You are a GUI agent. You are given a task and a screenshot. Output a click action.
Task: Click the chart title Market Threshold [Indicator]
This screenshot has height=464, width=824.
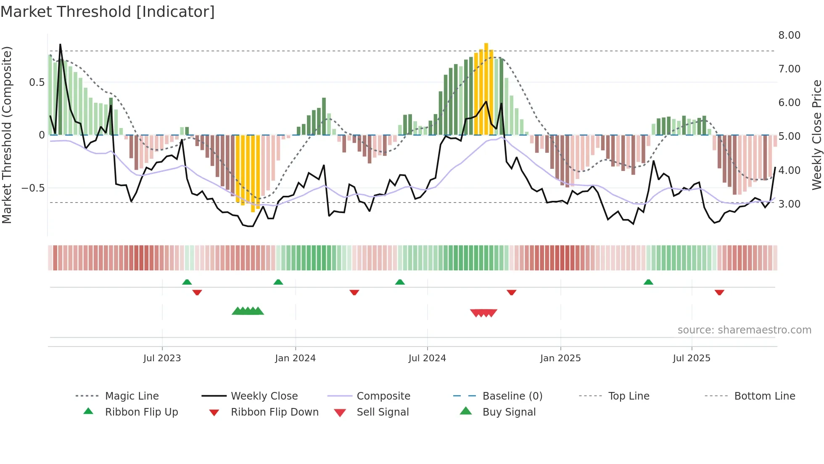click(x=108, y=12)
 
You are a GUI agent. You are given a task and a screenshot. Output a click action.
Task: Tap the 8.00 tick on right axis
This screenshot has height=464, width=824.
click(x=789, y=35)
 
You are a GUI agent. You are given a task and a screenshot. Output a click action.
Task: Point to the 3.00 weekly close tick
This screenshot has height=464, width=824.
click(x=789, y=204)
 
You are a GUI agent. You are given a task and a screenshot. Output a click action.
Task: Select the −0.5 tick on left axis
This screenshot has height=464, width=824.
click(x=33, y=188)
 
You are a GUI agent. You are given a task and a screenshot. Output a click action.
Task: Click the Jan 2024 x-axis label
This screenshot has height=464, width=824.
click(x=295, y=358)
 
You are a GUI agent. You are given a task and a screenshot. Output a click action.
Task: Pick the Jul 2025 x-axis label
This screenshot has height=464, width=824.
click(x=692, y=358)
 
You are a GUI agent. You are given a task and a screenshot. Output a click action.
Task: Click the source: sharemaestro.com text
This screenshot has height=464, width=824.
click(x=744, y=330)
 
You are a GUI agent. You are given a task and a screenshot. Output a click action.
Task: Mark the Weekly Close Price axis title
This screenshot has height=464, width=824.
click(x=816, y=135)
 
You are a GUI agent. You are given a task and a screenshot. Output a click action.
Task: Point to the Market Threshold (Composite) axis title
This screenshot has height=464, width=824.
click(x=7, y=135)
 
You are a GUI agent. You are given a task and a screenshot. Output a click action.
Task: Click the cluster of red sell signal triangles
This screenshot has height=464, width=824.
click(x=483, y=313)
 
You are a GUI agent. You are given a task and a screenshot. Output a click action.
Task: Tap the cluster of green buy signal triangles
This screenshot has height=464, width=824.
click(x=248, y=311)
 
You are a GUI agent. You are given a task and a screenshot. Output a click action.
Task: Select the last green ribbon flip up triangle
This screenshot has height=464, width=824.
click(x=648, y=282)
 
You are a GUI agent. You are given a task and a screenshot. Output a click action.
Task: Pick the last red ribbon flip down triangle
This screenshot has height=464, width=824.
click(x=719, y=292)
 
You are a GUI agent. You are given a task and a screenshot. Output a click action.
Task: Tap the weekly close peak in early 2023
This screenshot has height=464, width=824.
click(x=60, y=45)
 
